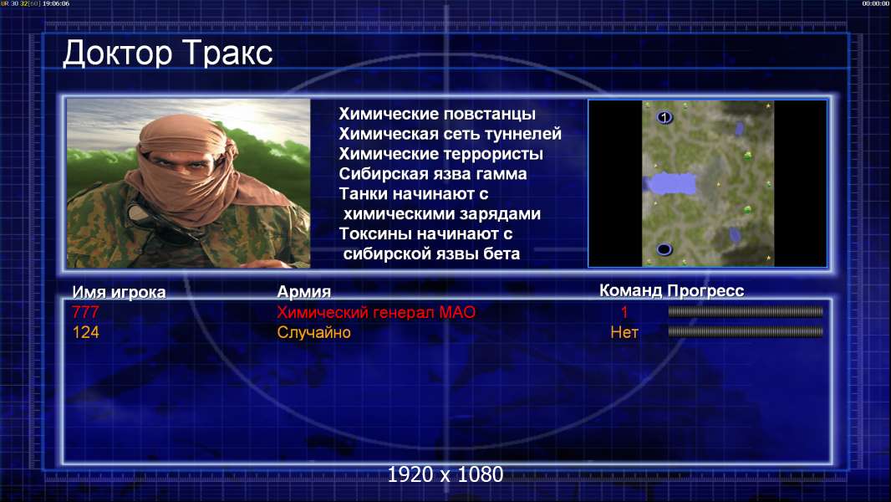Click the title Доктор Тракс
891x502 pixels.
168,54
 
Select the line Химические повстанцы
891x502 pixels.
437,114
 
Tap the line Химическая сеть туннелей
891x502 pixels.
450,134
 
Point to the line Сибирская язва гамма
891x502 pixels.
433,173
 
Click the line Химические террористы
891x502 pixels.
441,153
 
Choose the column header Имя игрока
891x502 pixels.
119,292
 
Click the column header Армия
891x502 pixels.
303,292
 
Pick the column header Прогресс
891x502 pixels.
705,291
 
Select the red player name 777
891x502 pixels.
85,312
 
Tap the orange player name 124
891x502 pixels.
86,332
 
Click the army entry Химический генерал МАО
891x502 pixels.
376,312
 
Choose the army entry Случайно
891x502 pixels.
313,332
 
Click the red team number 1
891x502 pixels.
624,312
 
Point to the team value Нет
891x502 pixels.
624,332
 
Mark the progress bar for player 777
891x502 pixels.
746,311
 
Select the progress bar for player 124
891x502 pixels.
746,331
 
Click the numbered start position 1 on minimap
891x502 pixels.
664,118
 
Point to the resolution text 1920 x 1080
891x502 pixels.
445,474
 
